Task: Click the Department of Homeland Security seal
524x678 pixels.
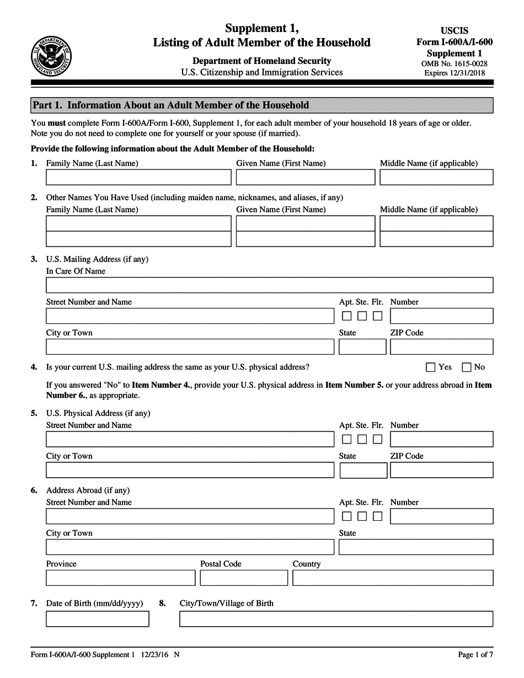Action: pyautogui.click(x=52, y=55)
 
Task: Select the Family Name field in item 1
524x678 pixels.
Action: pyautogui.click(x=138, y=177)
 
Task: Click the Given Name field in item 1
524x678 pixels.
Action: pyautogui.click(x=305, y=177)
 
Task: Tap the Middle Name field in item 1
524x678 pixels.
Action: pyautogui.click(x=436, y=177)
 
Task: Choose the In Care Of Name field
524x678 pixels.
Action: pyautogui.click(x=269, y=285)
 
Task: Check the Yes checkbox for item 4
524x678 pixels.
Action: pyautogui.click(x=431, y=367)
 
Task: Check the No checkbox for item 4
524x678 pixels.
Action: pyautogui.click(x=467, y=367)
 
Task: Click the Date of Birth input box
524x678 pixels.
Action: pyautogui.click(x=97, y=619)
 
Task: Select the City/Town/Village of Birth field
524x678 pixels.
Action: pyautogui.click(x=336, y=619)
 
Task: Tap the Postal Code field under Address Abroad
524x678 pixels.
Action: pyautogui.click(x=244, y=578)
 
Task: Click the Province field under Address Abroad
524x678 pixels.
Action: pyautogui.click(x=120, y=578)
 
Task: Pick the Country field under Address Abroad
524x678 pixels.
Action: pyautogui.click(x=393, y=578)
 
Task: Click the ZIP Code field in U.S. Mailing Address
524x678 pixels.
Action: pyautogui.click(x=441, y=347)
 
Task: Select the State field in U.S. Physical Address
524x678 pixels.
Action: pyautogui.click(x=363, y=471)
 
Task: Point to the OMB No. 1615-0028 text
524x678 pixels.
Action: pyautogui.click(x=455, y=63)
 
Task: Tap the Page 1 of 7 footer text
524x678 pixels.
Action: pyautogui.click(x=475, y=655)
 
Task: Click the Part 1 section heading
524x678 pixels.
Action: pyautogui.click(x=171, y=105)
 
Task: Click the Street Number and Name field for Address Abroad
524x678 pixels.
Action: pyautogui.click(x=190, y=516)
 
